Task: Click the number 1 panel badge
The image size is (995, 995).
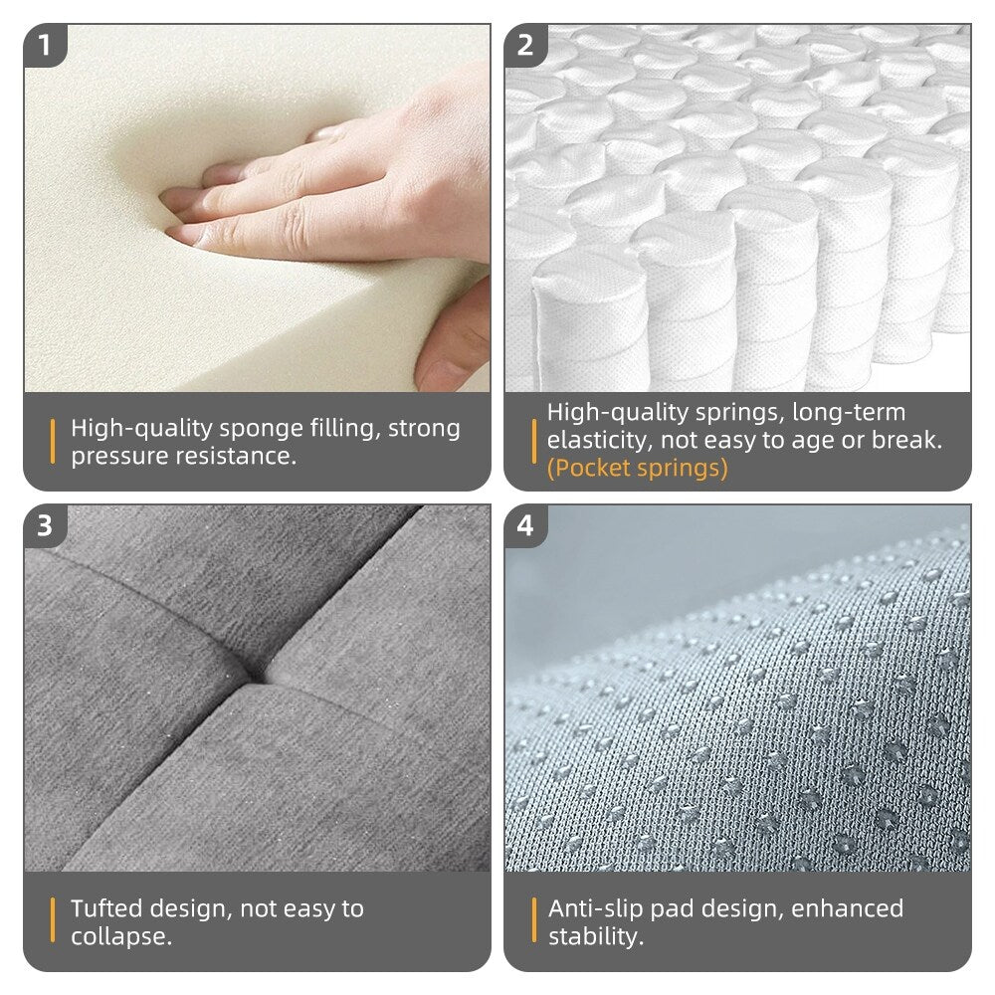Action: tap(45, 46)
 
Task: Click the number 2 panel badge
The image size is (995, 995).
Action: tap(525, 46)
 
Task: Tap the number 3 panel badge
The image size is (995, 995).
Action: tap(45, 526)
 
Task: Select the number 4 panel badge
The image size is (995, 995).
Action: tap(525, 526)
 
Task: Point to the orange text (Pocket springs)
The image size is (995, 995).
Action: tap(637, 468)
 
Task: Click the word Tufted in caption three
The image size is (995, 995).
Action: tap(106, 908)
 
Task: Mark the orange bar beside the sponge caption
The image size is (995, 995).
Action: tap(53, 442)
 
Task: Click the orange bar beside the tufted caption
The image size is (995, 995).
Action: tap(53, 920)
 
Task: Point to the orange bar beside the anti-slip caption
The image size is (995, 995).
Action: tap(533, 920)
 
